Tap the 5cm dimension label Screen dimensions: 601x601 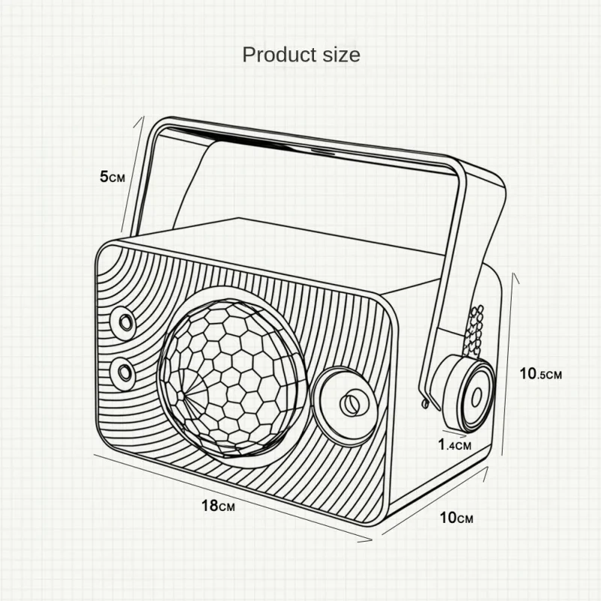[x=112, y=177]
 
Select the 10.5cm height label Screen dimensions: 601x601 [x=540, y=373]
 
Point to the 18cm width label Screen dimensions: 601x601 [x=218, y=506]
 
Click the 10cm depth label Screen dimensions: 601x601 [x=456, y=518]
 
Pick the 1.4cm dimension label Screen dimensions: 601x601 [x=455, y=445]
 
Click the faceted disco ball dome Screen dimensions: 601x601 [x=233, y=378]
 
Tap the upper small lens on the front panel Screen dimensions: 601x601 [x=123, y=322]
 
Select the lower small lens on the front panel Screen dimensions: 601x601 [x=123, y=372]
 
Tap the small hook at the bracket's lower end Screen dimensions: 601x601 [x=424, y=403]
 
